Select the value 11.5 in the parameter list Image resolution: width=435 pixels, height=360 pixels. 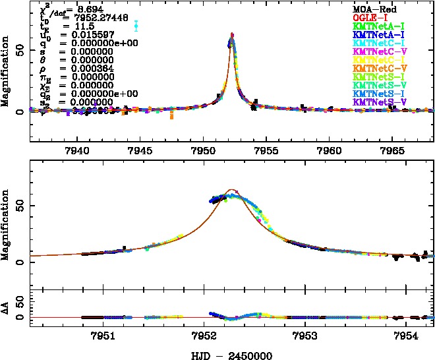pos(66,26)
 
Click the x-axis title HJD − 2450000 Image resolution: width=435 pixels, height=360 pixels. pos(231,355)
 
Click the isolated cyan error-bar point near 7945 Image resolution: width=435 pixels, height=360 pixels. pos(136,26)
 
